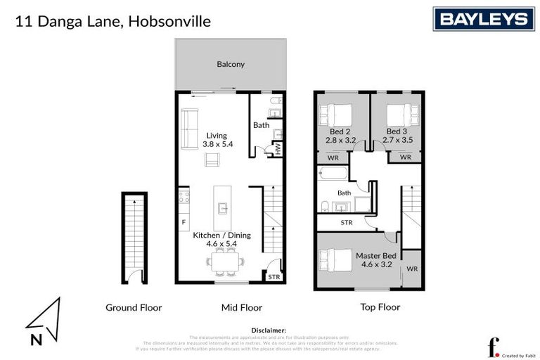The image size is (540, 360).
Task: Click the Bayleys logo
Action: (x=484, y=19)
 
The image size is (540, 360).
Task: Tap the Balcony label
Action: (x=231, y=64)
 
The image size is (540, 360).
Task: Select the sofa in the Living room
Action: (x=189, y=129)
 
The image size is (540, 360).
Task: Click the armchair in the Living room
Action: (x=212, y=160)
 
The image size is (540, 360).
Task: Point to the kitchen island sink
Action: (x=222, y=207)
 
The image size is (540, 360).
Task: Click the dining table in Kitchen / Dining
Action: (x=226, y=262)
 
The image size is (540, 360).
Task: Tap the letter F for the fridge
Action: (x=184, y=222)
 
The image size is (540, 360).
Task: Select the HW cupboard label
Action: (x=278, y=148)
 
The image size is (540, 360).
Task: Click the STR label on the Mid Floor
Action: (x=274, y=277)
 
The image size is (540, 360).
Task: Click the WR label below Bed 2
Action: (x=333, y=157)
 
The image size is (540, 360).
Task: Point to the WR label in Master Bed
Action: (x=411, y=269)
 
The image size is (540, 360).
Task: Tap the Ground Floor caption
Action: (x=134, y=307)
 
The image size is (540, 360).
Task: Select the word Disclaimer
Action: (x=269, y=330)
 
